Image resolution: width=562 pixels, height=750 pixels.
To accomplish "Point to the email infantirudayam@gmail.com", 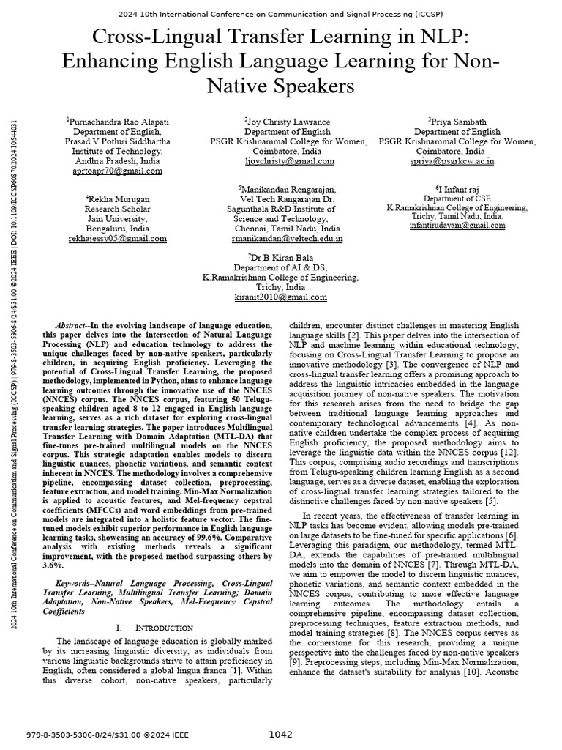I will click(x=457, y=226).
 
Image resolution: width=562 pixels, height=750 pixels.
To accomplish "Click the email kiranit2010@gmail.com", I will click(x=281, y=297).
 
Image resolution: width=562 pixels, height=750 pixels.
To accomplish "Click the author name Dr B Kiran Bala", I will click(x=281, y=258).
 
